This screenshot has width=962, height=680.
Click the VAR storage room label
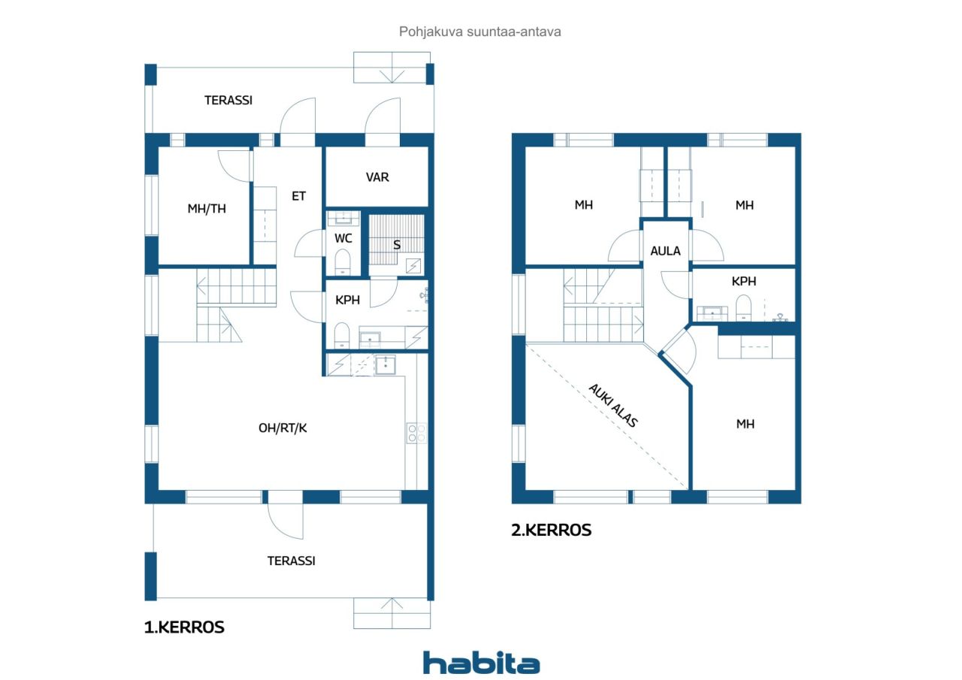click(377, 177)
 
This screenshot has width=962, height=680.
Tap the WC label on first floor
click(343, 238)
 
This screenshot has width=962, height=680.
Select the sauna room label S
click(397, 245)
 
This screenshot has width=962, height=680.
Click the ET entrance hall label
click(299, 196)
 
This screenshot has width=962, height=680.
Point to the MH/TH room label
click(207, 209)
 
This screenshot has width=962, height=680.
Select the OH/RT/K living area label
click(283, 428)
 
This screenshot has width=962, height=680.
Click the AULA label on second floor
click(665, 251)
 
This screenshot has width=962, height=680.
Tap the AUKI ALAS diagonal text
click(613, 406)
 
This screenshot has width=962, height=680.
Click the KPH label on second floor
click(743, 282)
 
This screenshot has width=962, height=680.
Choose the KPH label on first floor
click(347, 300)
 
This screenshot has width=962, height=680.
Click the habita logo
click(481, 663)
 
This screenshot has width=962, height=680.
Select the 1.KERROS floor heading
click(184, 627)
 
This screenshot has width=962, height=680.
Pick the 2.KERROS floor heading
click(551, 530)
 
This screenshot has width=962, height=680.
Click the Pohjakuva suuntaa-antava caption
click(480, 32)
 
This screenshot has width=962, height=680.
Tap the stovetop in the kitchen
click(416, 433)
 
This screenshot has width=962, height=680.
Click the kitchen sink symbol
click(386, 365)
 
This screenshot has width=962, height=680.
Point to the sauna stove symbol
click(413, 265)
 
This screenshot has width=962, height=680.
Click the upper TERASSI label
click(228, 100)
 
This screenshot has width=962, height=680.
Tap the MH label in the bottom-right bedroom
click(745, 425)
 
